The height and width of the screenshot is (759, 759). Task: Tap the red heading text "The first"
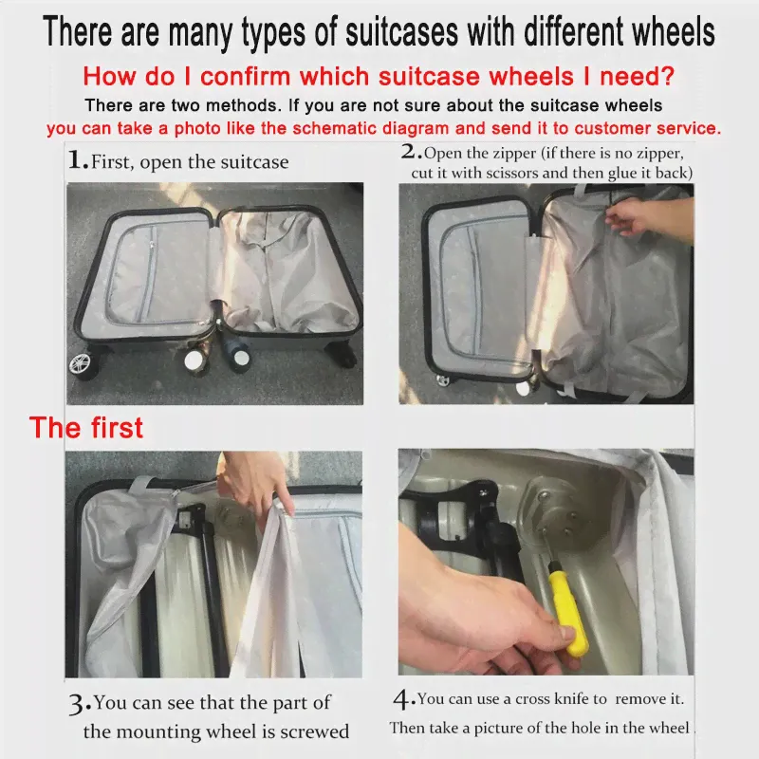click(x=86, y=428)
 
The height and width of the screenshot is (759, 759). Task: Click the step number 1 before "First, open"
click(x=78, y=160)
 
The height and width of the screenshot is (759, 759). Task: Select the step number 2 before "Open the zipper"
click(x=411, y=152)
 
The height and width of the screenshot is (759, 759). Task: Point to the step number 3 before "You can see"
click(x=80, y=705)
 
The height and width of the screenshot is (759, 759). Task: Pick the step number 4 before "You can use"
click(x=404, y=700)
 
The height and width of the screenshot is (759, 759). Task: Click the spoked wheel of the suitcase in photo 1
click(x=82, y=362)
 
